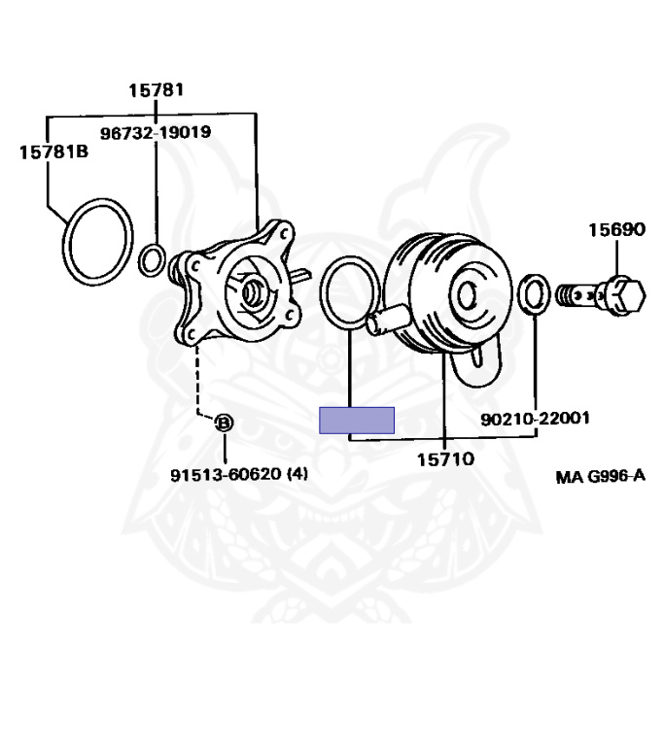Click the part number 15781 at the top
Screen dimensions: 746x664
tap(157, 90)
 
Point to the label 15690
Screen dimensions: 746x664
tap(615, 230)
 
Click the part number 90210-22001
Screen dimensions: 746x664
tap(535, 419)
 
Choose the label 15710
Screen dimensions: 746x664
tap(445, 459)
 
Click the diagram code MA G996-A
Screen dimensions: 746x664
tap(600, 476)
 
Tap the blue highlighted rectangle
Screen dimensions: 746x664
tap(357, 421)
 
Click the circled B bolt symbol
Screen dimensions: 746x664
tap(224, 423)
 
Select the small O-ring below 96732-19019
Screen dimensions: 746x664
tap(152, 259)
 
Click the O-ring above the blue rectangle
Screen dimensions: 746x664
tap(347, 291)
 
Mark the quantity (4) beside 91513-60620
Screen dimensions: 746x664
tap(297, 475)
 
